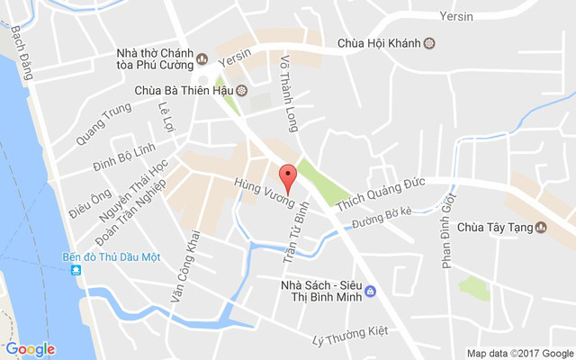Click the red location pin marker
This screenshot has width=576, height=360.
point(288,175)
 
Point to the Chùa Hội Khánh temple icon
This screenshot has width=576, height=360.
point(429,42)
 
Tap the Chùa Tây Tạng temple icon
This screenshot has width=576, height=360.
point(540,227)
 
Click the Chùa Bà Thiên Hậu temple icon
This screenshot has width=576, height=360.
point(241,90)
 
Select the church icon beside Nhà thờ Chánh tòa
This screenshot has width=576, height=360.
point(202,59)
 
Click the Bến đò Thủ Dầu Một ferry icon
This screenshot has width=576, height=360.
point(78,270)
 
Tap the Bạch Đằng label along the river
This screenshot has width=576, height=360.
point(21,52)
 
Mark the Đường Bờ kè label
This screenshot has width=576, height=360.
point(382,217)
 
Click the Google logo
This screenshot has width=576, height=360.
point(30,349)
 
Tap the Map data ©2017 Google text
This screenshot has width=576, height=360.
point(518,352)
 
